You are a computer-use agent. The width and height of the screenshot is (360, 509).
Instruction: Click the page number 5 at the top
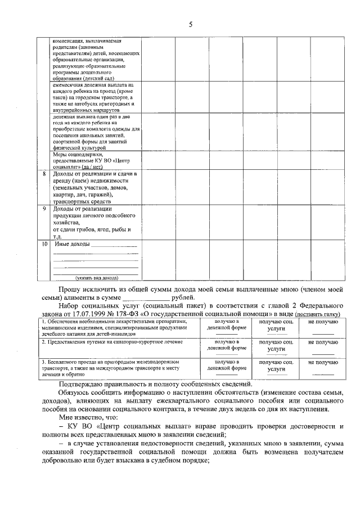191,24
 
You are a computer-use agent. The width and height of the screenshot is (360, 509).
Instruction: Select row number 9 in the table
44,209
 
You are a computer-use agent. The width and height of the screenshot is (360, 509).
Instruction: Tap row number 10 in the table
45,244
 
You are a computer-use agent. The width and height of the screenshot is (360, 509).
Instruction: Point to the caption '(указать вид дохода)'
96,277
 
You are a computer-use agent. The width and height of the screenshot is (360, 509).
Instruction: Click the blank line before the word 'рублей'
149,297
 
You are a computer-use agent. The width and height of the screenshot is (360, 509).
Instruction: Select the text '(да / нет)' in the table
91,167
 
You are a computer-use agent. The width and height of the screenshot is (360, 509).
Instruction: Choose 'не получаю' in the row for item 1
323,321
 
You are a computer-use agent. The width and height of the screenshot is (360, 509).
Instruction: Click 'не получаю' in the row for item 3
323,362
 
